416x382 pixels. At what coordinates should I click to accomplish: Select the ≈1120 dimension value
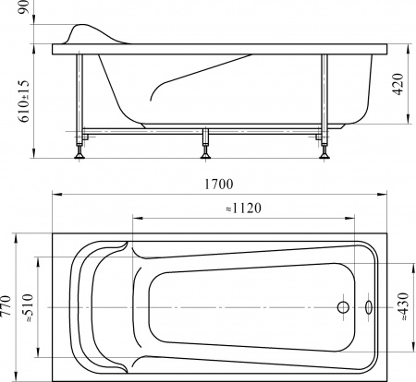[x=243, y=209]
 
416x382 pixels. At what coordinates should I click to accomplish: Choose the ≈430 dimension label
[x=402, y=307]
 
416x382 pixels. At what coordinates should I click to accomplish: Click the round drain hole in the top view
[x=343, y=307]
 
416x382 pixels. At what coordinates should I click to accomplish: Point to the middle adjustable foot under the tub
[x=204, y=152]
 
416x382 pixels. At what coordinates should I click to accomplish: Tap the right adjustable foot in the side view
[x=324, y=152]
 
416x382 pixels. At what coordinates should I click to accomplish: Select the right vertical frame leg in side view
[x=325, y=92]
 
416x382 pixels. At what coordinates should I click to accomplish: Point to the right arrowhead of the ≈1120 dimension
[x=353, y=218]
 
